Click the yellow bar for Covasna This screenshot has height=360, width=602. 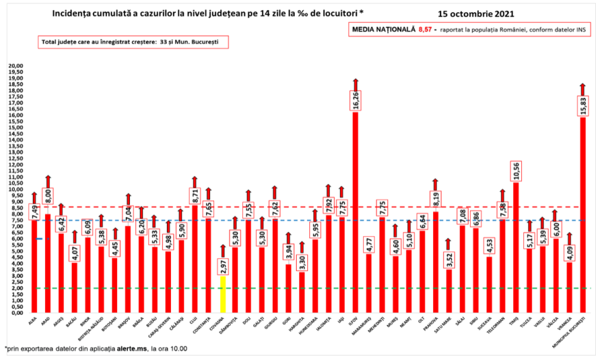point(222,294)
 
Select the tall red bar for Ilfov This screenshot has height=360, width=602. point(355,212)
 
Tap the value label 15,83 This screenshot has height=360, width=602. point(583,107)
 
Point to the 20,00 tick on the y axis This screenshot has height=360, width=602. point(14,66)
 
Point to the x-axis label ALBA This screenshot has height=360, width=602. point(32,318)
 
